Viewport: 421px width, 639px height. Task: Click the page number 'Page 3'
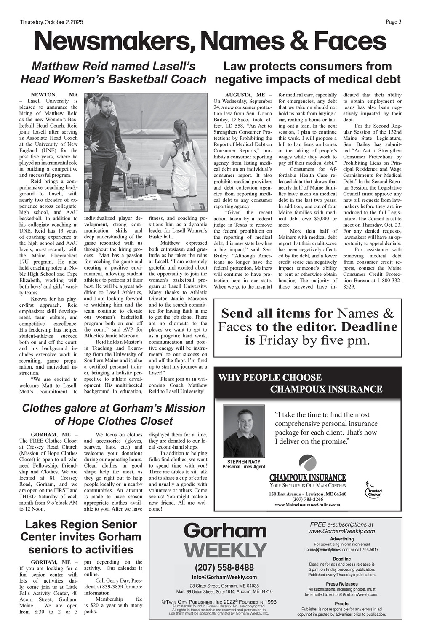(x=393, y=22)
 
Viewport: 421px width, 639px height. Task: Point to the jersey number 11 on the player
(x=186, y=156)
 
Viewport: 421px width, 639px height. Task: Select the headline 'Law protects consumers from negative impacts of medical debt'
(x=307, y=72)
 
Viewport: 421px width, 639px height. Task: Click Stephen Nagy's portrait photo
(x=243, y=431)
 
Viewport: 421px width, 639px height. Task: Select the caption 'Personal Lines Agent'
(x=244, y=467)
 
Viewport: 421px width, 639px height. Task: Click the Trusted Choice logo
(x=373, y=489)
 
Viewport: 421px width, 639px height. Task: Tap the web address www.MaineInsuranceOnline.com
(x=307, y=504)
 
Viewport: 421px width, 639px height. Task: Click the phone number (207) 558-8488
(x=224, y=567)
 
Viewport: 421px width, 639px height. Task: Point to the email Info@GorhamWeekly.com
(x=224, y=577)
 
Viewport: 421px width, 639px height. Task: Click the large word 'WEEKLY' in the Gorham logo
(x=226, y=550)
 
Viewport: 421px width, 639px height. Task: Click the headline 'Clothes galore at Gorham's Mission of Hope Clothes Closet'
(x=113, y=414)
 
